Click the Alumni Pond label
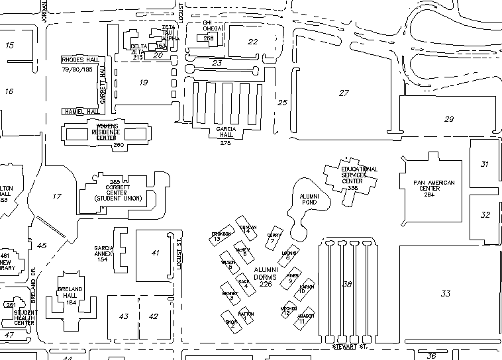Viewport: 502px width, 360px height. (310, 199)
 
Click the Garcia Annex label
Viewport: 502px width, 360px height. (105, 253)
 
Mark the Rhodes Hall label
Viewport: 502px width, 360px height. (79, 59)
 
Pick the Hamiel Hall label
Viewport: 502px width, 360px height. (81, 111)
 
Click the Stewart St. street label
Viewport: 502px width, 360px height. (349, 347)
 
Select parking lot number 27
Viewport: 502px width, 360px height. (343, 93)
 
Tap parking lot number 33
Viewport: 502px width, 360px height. (446, 293)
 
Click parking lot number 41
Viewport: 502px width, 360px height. (156, 253)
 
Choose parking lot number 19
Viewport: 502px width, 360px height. (143, 82)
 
